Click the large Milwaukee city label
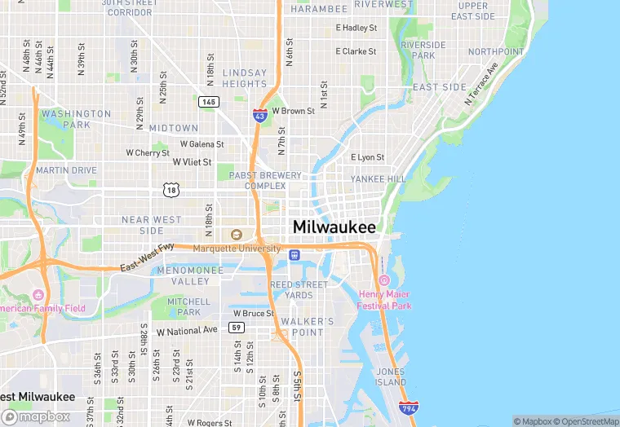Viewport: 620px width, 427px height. (334, 227)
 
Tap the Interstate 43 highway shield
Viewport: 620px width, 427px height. (259, 116)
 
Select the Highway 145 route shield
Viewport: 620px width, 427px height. (207, 101)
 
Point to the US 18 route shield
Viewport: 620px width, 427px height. (170, 190)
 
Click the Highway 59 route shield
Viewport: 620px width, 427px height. (237, 328)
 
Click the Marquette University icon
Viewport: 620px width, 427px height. (237, 235)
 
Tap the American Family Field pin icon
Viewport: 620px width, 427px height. (38, 295)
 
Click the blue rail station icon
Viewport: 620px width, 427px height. (294, 255)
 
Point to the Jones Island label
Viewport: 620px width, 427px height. (390, 376)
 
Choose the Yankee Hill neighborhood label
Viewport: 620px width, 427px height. (378, 178)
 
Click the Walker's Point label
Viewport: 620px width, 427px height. (307, 326)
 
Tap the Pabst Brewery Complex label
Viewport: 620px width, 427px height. (265, 180)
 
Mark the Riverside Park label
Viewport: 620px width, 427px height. (423, 50)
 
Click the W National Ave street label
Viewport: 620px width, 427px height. (187, 331)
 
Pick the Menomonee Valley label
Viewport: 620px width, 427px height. (189, 275)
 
